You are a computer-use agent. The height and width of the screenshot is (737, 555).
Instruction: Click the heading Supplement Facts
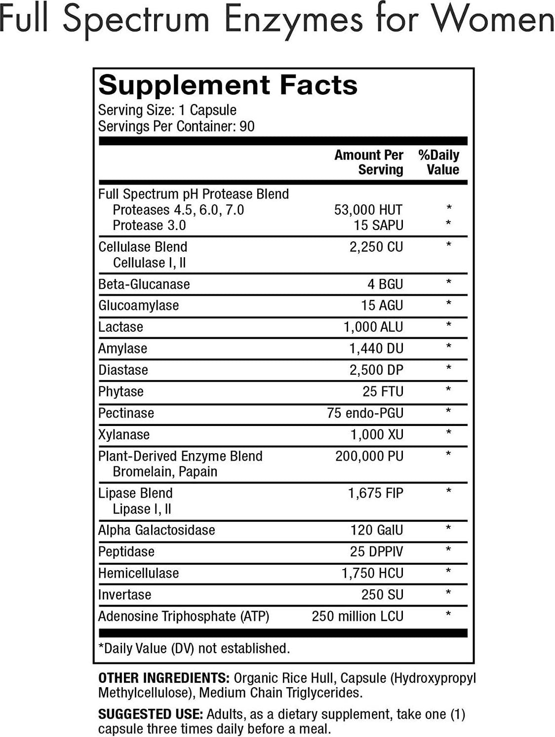pyautogui.click(x=228, y=85)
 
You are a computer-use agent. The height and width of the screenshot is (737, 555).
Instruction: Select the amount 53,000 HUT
pyautogui.click(x=368, y=210)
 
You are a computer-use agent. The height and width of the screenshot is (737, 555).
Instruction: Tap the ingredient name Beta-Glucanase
pyautogui.click(x=144, y=284)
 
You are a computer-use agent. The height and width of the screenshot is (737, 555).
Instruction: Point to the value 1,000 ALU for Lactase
pyautogui.click(x=373, y=327)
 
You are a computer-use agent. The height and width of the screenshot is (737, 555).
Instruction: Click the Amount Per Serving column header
pyautogui.click(x=369, y=162)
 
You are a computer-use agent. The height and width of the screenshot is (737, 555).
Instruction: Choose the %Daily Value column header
pyautogui.click(x=438, y=162)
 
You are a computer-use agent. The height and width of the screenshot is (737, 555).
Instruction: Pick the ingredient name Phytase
pyautogui.click(x=121, y=391)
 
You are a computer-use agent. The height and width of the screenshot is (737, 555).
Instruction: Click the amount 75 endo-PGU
pyautogui.click(x=365, y=413)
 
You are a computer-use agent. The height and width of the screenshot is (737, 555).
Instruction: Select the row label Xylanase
pyautogui.click(x=124, y=435)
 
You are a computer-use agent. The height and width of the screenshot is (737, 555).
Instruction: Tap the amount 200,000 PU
pyautogui.click(x=369, y=456)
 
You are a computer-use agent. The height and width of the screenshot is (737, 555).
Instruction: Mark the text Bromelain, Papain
pyautogui.click(x=165, y=472)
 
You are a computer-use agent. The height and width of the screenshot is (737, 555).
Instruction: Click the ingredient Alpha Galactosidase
pyautogui.click(x=157, y=530)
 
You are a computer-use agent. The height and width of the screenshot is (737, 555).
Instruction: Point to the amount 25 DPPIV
pyautogui.click(x=377, y=551)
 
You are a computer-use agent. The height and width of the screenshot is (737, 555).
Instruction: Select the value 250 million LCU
pyautogui.click(x=357, y=616)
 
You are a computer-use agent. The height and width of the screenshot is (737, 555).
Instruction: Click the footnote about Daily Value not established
pyautogui.click(x=194, y=648)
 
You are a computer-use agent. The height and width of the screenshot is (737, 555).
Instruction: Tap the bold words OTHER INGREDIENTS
pyautogui.click(x=163, y=678)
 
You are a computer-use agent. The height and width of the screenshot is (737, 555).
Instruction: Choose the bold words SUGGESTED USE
pyautogui.click(x=151, y=714)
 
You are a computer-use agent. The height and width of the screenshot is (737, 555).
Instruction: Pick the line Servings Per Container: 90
pyautogui.click(x=176, y=126)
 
